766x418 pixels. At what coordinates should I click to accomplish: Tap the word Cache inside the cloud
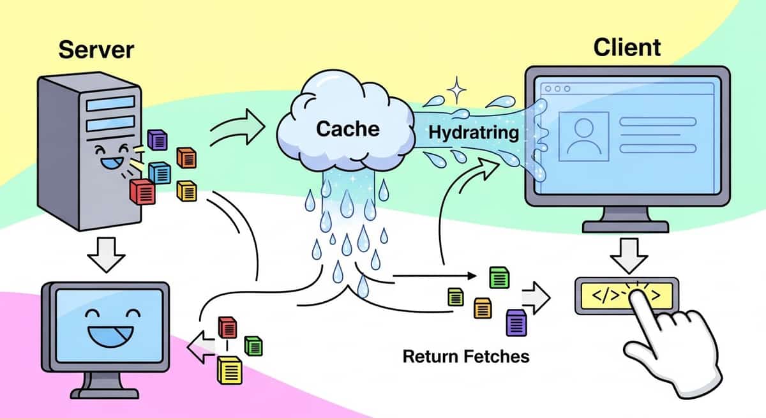click(x=348, y=129)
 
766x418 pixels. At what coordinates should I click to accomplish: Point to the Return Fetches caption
click(x=466, y=355)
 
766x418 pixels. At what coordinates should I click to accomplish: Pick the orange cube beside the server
click(x=186, y=157)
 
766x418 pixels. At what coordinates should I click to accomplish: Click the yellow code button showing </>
click(x=626, y=295)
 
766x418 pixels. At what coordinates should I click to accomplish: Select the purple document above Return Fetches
click(x=514, y=322)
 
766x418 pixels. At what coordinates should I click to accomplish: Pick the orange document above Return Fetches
click(x=482, y=308)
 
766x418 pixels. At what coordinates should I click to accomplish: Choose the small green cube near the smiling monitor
click(x=253, y=345)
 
